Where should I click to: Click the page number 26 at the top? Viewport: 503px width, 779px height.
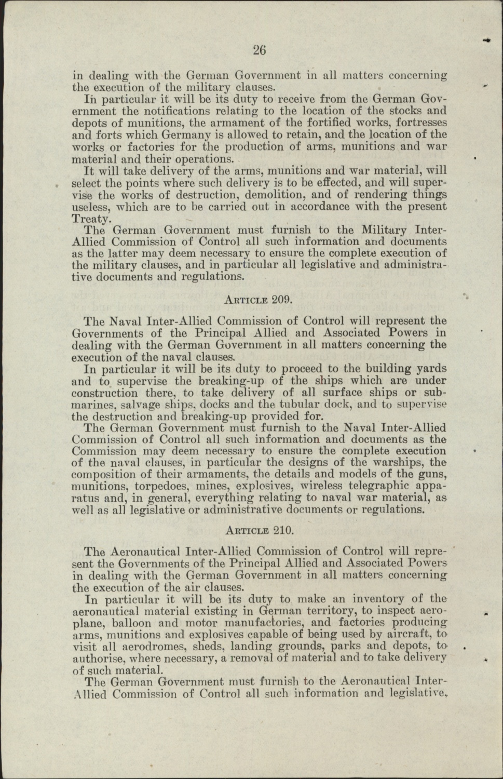pyautogui.click(x=260, y=50)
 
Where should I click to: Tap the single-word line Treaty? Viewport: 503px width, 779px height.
pyautogui.click(x=90, y=219)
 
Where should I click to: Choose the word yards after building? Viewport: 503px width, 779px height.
pyautogui.click(x=432, y=369)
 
